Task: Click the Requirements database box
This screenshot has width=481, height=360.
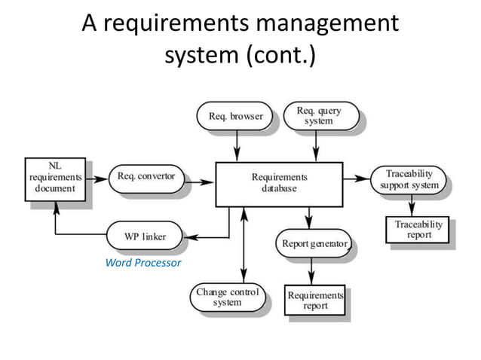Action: (x=279, y=183)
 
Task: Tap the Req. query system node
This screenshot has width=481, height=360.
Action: (x=318, y=116)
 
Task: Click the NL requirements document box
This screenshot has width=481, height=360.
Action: (x=52, y=178)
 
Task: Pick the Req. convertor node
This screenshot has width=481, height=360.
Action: (x=146, y=177)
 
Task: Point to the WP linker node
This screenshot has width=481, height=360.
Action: (x=145, y=236)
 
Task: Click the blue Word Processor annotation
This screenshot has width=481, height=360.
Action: (x=143, y=263)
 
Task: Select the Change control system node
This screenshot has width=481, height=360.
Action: (x=227, y=296)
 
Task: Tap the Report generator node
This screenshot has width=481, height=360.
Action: (x=314, y=244)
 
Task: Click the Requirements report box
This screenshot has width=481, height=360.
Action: (x=315, y=301)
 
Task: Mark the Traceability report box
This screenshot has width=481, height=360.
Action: (x=419, y=230)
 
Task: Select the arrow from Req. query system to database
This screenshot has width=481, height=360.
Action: (x=317, y=145)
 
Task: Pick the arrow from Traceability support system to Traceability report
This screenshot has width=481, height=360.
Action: (x=412, y=205)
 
